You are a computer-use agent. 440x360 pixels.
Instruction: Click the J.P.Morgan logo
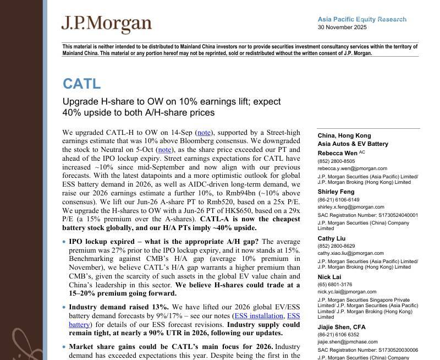pos(106,24)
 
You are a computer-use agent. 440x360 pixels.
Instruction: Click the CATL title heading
pos(81,84)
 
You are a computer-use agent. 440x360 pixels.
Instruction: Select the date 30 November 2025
pos(342,27)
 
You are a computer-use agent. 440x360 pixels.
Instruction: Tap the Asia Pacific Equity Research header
pos(362,19)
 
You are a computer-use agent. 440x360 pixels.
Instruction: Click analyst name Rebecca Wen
pos(337,153)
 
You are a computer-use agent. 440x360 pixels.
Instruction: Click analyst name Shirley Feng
pos(336,192)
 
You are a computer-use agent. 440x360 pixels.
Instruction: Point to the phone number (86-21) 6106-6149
pos(338,200)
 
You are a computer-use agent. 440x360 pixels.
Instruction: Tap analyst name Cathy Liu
pos(331,238)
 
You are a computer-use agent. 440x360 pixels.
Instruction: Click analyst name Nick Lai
pos(329,277)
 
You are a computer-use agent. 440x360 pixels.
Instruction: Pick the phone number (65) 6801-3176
pos(335,285)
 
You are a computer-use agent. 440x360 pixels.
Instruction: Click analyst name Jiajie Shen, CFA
pos(341,327)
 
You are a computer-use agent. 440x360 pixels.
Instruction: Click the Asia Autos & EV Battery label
pos(353,144)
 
